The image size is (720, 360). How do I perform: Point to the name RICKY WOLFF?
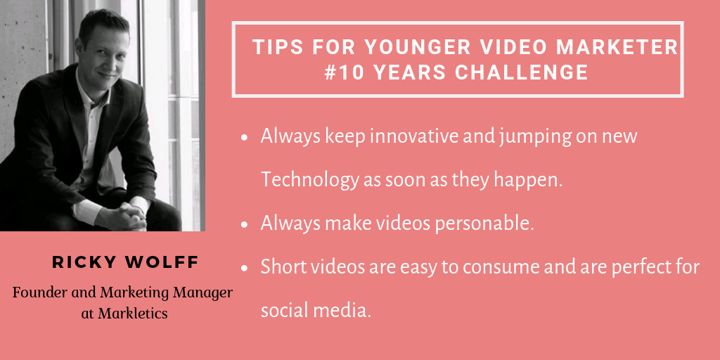pyautogui.click(x=125, y=262)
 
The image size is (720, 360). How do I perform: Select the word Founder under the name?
pyautogui.click(x=34, y=292)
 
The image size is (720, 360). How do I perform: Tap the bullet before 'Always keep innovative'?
pyautogui.click(x=244, y=137)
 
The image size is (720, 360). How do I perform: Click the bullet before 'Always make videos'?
pyautogui.click(x=244, y=224)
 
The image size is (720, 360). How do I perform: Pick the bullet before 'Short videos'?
pyautogui.click(x=244, y=268)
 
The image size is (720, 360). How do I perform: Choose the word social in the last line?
pyautogui.click(x=285, y=310)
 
